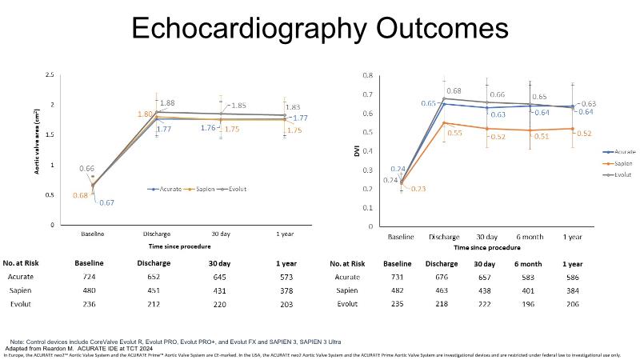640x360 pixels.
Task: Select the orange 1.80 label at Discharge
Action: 145,114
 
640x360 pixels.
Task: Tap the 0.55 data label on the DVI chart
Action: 454,132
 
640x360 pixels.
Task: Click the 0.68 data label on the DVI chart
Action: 454,91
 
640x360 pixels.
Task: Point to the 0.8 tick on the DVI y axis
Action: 368,75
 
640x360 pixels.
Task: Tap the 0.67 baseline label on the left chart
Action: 106,202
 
